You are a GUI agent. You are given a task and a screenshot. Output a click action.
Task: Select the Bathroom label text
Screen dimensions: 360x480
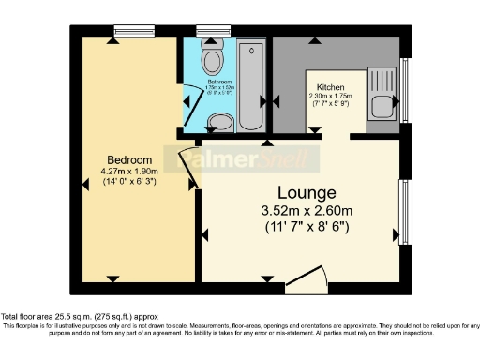pyautogui.click(x=219, y=82)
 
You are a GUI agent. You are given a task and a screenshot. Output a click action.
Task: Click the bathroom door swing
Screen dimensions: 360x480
pyautogui.click(x=193, y=111)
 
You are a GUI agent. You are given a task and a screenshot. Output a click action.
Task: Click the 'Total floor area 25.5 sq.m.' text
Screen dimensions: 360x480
pyautogui.click(x=61, y=316)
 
